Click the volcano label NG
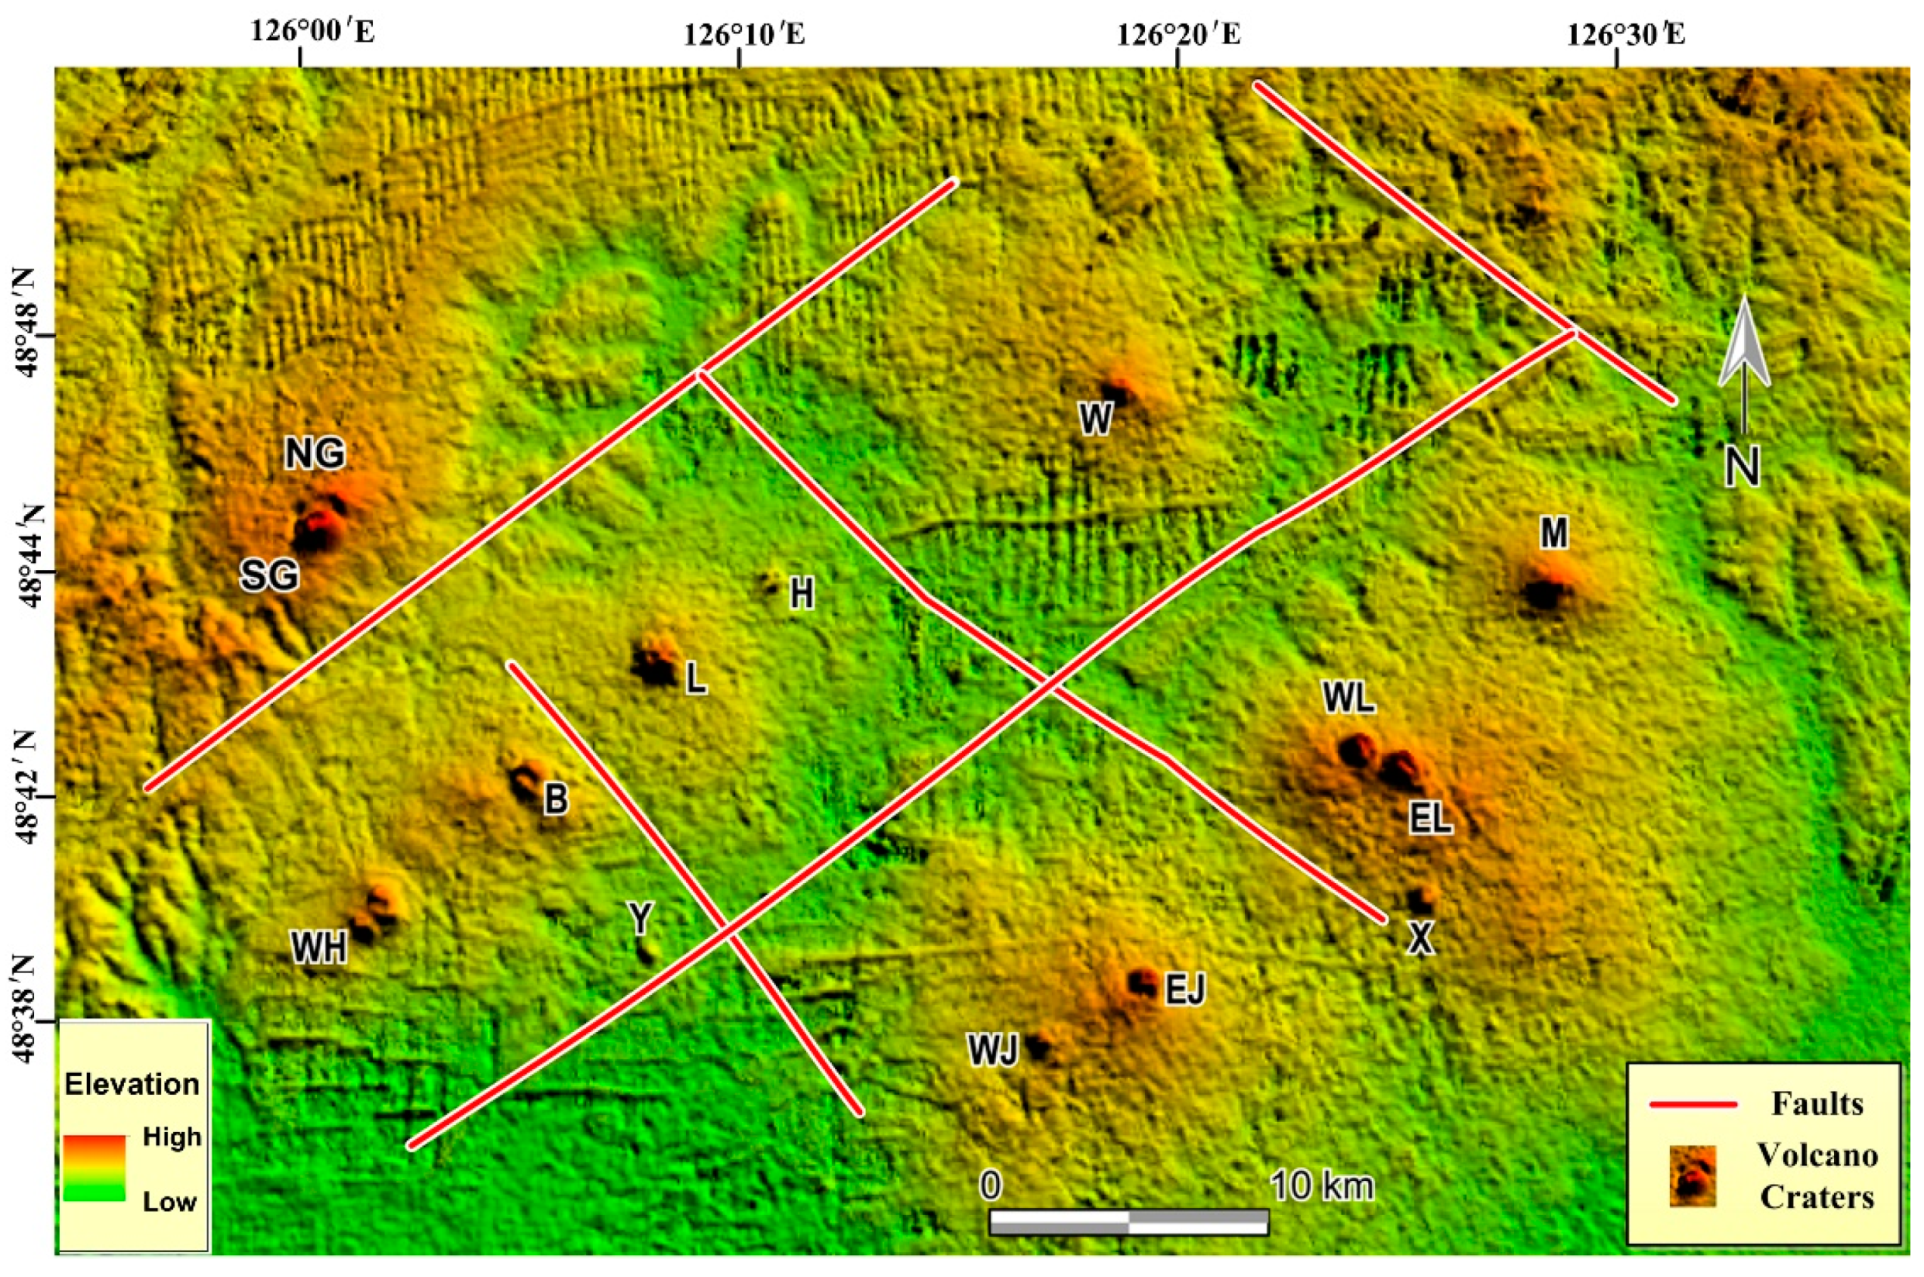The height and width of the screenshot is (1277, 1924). [x=314, y=454]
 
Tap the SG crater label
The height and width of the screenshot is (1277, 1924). [x=270, y=577]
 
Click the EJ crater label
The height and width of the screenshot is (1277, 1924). [x=1184, y=991]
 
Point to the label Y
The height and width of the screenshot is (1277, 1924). [x=641, y=920]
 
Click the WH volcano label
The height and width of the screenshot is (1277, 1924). [x=320, y=947]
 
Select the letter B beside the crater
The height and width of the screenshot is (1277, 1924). [x=556, y=799]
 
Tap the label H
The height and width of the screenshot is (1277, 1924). [x=802, y=595]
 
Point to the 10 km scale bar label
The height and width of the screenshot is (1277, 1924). [x=1322, y=1187]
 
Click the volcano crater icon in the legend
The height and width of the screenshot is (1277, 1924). [x=1692, y=1175]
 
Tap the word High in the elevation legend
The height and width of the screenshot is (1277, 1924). [x=172, y=1137]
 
